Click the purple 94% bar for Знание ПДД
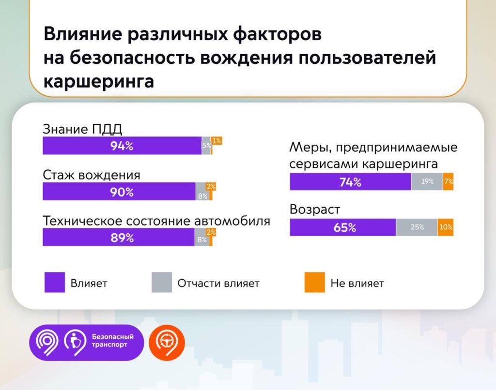122,146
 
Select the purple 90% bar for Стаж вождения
119,191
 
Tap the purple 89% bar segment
119,237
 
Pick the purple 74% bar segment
351,182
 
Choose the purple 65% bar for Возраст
343,227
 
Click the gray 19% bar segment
427,182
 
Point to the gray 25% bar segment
417,227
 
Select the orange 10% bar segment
446,227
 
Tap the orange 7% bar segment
448,182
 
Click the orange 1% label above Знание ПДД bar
217,141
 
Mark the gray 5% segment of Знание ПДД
206,146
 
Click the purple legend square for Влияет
55,282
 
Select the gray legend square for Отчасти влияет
162,282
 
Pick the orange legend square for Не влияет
314,282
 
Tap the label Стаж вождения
92,175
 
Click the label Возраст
315,210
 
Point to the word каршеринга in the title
99,82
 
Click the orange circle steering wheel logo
167,343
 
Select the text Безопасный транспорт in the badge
112,341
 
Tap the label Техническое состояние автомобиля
156,221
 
